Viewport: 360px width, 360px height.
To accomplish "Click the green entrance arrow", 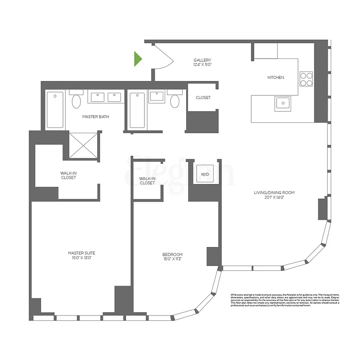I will pos(138,59).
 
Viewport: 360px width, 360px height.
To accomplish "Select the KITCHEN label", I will pos(275,77).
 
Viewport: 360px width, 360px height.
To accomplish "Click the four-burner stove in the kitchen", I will pos(306,79).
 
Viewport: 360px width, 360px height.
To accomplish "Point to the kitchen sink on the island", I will pos(282,103).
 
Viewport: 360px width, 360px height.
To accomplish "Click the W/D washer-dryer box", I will pos(204,174).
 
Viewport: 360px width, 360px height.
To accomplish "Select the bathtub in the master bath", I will pos(55,110).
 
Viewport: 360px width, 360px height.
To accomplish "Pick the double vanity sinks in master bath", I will pos(106,96).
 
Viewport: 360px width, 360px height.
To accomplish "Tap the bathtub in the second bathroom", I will pos(137,110).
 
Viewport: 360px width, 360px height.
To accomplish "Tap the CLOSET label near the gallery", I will pos(203,98).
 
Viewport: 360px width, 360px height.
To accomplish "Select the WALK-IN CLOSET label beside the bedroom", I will pos(147,181).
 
